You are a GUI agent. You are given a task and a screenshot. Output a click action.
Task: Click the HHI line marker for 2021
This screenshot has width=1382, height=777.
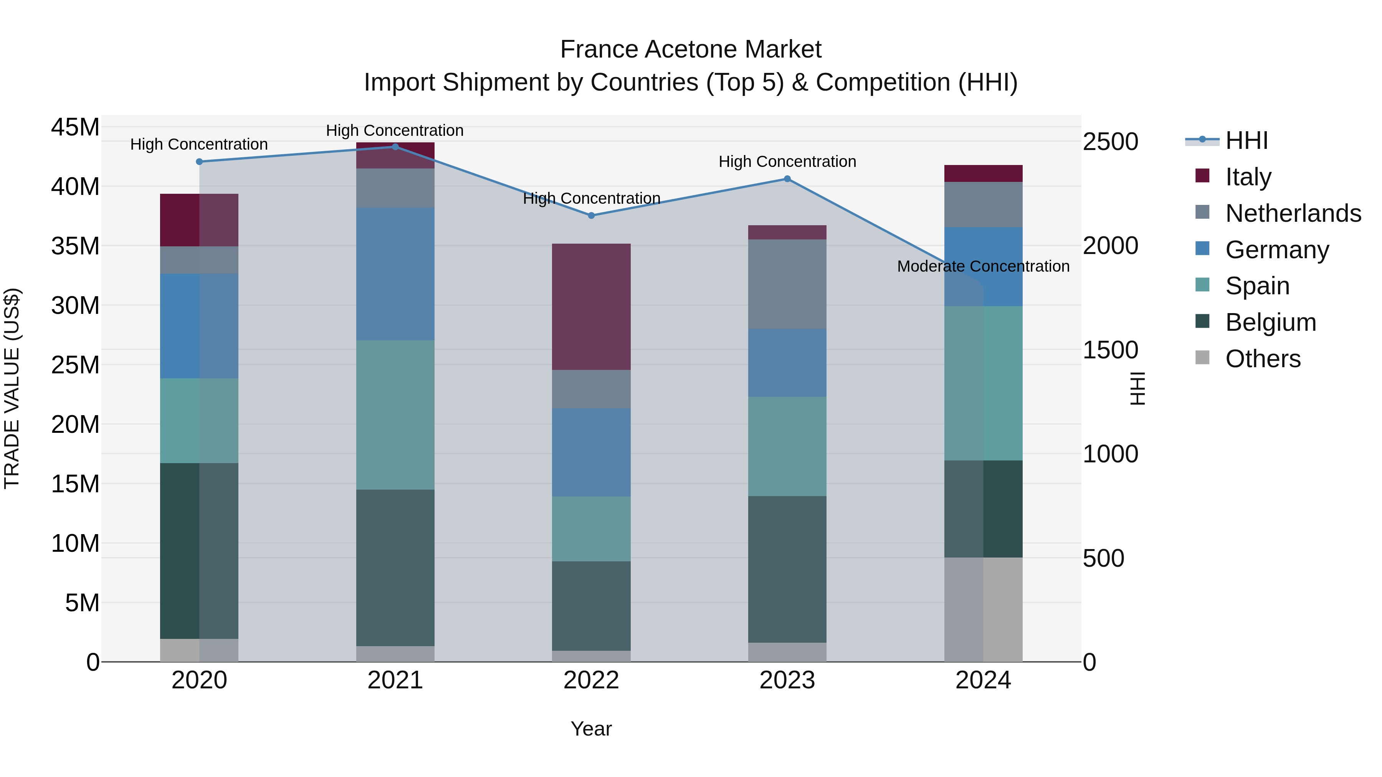pyautogui.click(x=395, y=147)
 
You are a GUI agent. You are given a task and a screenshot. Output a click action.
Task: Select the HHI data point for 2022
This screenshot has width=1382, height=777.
pyautogui.click(x=591, y=216)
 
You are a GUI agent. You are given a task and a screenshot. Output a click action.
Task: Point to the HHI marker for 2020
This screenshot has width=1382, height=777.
pyautogui.click(x=199, y=162)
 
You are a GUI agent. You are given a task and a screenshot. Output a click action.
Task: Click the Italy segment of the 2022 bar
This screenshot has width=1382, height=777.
pyautogui.click(x=591, y=306)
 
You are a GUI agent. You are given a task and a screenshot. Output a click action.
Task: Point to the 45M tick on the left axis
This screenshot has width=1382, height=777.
pyautogui.click(x=75, y=128)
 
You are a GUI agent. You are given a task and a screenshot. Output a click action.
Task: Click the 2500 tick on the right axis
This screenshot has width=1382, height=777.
pyautogui.click(x=1110, y=142)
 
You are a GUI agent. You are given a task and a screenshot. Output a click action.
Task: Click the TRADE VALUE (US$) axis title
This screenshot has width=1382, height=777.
pyautogui.click(x=12, y=388)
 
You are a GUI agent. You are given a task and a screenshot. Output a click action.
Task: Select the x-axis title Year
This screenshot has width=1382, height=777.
pyautogui.click(x=591, y=729)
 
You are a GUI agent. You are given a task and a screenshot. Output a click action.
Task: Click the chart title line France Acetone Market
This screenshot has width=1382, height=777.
pyautogui.click(x=691, y=49)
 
